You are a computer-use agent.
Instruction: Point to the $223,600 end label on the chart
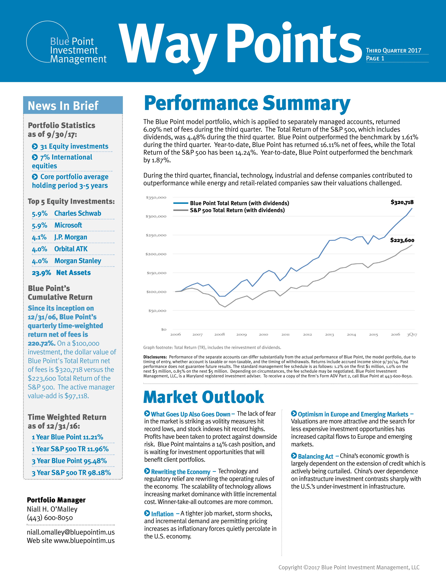(x=402, y=240)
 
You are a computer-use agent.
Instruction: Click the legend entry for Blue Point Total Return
(x=231, y=203)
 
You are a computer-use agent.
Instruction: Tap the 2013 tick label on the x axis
(x=329, y=335)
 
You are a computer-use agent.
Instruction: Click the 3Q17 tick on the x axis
(x=412, y=335)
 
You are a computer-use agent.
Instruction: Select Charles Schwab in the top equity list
(x=78, y=213)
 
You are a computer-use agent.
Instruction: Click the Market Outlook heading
(x=204, y=397)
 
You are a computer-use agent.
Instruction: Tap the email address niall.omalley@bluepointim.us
(x=71, y=532)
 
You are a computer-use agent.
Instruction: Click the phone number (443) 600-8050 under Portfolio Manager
(x=50, y=518)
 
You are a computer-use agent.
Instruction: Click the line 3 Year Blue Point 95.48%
(x=69, y=461)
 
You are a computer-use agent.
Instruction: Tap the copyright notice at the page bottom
(x=349, y=567)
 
